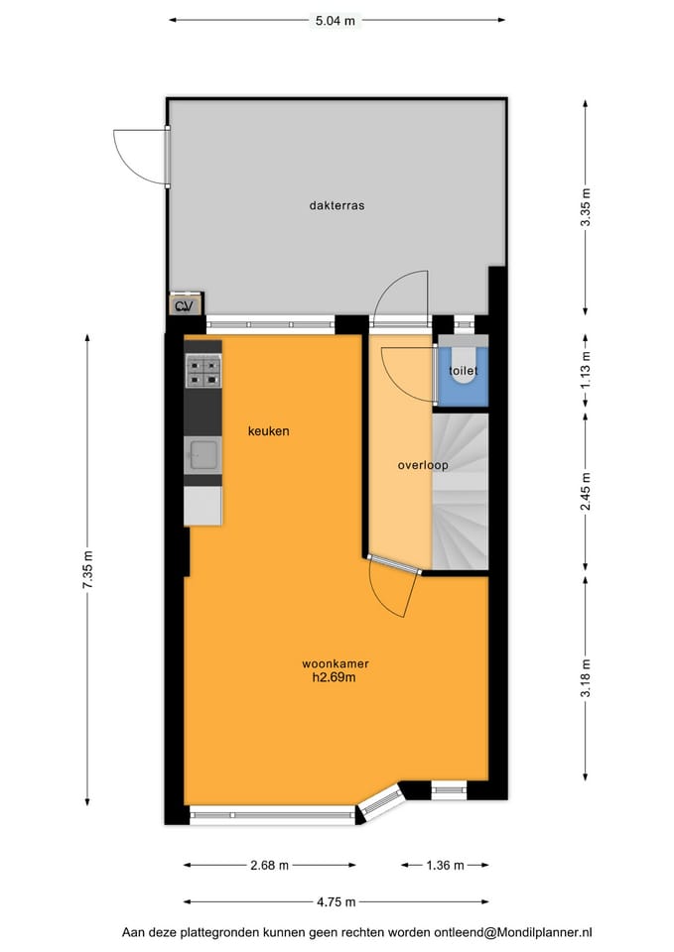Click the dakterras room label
pos(337,205)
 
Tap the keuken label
pos(269,431)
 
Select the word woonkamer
pos(336,663)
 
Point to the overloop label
pos(423,465)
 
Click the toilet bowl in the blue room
pos(465,366)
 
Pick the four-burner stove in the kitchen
pos(202,372)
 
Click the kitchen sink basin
pos(202,455)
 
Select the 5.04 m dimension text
pos(336,21)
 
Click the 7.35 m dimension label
pos(88,568)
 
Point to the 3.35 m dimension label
pos(586,207)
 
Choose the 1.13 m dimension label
pos(586,370)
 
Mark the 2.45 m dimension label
pos(586,491)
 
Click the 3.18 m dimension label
pos(586,677)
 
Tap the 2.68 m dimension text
pos(269,865)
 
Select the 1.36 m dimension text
pos(445,865)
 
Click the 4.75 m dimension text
pos(337,902)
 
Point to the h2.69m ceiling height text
pos(334,677)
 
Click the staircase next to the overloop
pos(460,491)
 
